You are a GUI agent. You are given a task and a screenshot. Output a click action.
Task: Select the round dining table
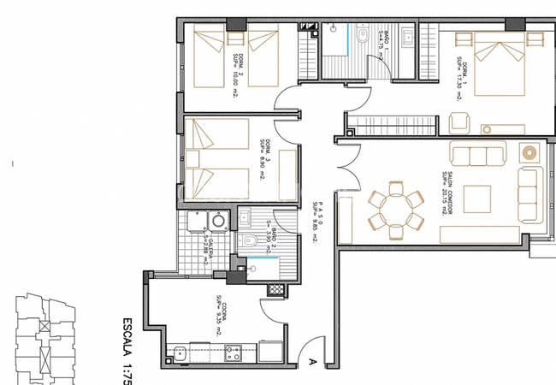pos(394,210)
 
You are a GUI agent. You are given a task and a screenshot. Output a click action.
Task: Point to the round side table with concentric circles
pos(529,155)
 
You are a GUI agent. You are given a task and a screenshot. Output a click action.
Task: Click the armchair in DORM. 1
pos(459,121)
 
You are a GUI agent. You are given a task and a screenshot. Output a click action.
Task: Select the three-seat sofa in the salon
pos(478,155)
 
